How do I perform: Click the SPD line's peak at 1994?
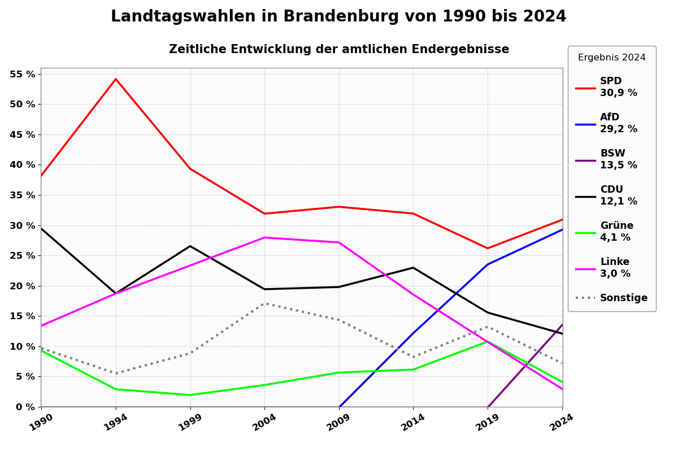click(x=116, y=79)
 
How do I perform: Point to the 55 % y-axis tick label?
click(x=22, y=74)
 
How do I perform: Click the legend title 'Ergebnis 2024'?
click(x=611, y=58)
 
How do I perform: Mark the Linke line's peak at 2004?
click(x=264, y=237)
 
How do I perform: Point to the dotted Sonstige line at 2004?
click(x=264, y=303)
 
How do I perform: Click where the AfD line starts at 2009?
click(x=339, y=406)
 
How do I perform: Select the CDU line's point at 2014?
click(x=413, y=268)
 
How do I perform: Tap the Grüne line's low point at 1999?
click(x=190, y=395)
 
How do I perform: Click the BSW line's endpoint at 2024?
click(x=562, y=325)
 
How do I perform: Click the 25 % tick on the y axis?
click(x=22, y=255)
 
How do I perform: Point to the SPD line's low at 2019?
click(x=488, y=248)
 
